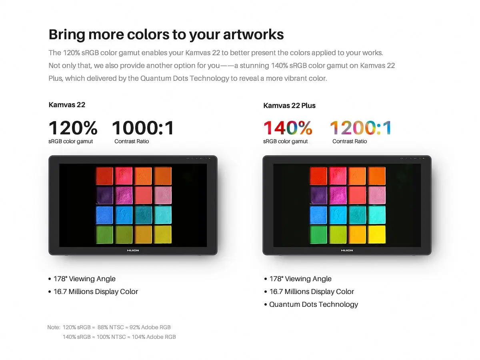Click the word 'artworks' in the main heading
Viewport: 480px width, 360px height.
click(x=253, y=34)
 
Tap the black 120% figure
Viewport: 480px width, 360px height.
click(x=73, y=128)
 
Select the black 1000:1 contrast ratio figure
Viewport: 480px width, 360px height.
click(x=143, y=128)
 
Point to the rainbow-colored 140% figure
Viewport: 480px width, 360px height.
click(x=288, y=128)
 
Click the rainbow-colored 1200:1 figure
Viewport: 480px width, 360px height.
click(x=361, y=128)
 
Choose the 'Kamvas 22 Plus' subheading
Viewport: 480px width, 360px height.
click(x=289, y=106)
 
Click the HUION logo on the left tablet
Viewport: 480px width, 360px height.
click(x=133, y=250)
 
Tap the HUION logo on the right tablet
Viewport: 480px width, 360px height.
click(x=347, y=250)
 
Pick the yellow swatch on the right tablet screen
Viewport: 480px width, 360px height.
click(x=376, y=234)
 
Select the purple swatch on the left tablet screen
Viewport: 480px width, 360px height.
click(x=104, y=195)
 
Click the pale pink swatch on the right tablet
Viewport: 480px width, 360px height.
click(x=376, y=195)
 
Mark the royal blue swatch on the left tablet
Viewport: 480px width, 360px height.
click(x=104, y=215)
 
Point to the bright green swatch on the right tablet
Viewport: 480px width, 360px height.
click(x=318, y=234)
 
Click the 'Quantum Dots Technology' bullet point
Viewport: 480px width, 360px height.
click(x=311, y=304)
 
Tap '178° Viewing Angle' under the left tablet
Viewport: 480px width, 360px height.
click(x=82, y=279)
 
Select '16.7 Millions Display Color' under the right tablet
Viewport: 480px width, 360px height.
click(x=309, y=292)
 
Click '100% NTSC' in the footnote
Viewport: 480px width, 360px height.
click(x=111, y=337)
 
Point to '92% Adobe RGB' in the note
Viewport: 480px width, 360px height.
click(x=150, y=327)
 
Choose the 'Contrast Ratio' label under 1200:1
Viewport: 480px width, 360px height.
click(x=350, y=142)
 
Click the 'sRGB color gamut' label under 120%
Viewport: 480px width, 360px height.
click(x=71, y=142)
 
